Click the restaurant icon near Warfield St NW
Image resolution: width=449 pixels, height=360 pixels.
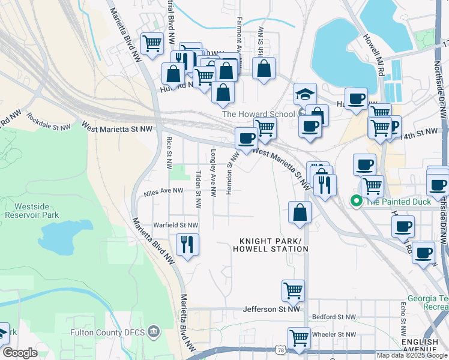pos(187,244)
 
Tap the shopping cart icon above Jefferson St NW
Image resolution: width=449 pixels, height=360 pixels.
pos(293,291)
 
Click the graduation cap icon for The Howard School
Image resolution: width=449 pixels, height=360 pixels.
pos(305,95)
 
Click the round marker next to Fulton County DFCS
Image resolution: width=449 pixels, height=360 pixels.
pos(154,331)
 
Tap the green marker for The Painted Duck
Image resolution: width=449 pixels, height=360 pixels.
pos(356,202)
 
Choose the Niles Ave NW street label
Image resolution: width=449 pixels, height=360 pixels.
pos(163,191)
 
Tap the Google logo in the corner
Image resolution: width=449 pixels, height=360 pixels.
pos(20,353)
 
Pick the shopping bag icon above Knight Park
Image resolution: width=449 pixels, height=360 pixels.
pos(300,212)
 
